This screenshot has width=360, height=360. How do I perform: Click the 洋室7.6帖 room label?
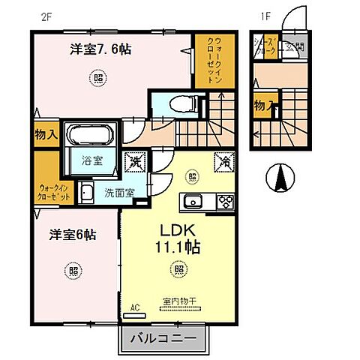101,49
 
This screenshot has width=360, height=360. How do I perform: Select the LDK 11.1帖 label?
178,238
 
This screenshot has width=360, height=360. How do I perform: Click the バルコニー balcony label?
163,339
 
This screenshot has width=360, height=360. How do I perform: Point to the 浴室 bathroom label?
93,160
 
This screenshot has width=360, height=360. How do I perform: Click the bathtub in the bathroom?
91,136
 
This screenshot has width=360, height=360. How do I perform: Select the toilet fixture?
177,104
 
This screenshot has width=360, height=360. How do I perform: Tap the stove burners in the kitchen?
224,201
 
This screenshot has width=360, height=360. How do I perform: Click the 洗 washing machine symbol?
135,160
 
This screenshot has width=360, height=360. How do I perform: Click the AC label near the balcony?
135,307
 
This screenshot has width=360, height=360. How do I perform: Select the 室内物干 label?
178,303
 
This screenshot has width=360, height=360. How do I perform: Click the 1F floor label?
265,14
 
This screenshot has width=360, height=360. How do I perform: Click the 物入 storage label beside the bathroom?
46,135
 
